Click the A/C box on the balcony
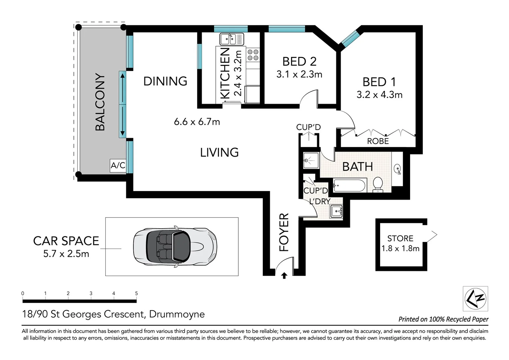tap(118, 165)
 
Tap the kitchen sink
tap(232, 39)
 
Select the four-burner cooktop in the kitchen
tap(253, 55)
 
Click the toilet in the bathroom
tap(378, 184)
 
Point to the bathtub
tap(349, 185)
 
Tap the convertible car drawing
tap(175, 247)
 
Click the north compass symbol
tap(475, 298)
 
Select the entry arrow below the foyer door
tap(284, 276)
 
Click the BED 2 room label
tap(299, 61)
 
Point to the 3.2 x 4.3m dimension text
tap(379, 95)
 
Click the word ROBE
tap(378, 141)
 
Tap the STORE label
tap(400, 238)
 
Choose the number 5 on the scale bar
tap(136, 293)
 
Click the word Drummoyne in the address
tap(177, 314)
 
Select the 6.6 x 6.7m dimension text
tap(197, 122)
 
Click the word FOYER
tap(284, 232)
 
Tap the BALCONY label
tap(100, 102)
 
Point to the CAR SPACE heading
tap(66, 241)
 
